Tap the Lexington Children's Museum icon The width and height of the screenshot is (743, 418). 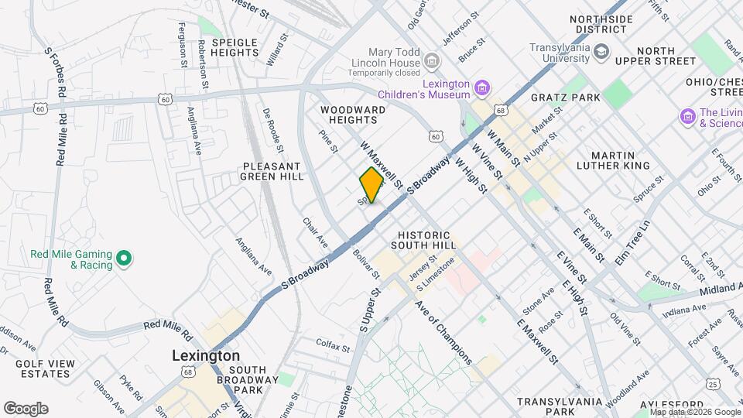point(482,89)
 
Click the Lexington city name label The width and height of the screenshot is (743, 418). point(205,355)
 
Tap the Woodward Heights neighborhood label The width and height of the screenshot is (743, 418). point(353,115)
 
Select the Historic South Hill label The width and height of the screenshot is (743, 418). point(423,240)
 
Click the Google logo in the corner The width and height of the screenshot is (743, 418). point(26,409)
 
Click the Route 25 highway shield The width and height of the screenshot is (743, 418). point(713,384)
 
